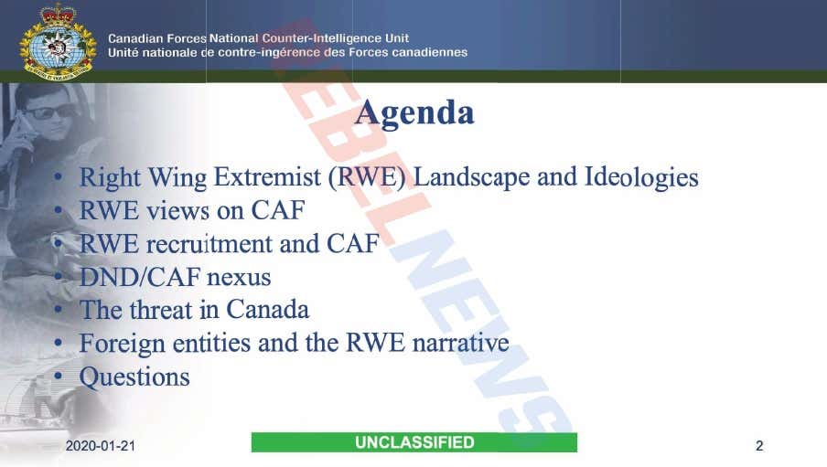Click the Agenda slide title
point(414,112)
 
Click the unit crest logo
point(58,42)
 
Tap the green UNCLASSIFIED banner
point(414,442)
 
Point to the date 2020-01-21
point(101,446)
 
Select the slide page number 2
point(759,446)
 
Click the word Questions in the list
point(134,377)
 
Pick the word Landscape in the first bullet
point(471,177)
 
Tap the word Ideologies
point(641,177)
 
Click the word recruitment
point(232,244)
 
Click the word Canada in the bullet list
point(267,310)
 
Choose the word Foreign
point(123,344)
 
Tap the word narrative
point(460,343)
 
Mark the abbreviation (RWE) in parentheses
point(367,177)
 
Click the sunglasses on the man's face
point(49,111)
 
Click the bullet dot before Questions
point(58,377)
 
